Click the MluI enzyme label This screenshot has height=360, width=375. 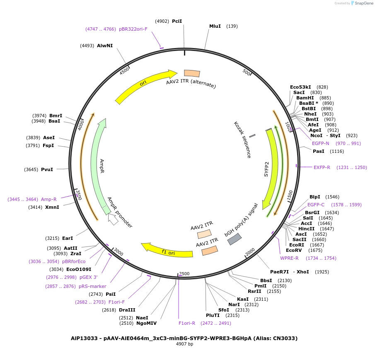coord(215,26)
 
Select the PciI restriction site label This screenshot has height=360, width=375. coord(177,21)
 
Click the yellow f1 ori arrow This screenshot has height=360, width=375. coord(167,250)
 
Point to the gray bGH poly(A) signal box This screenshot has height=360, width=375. coord(235,239)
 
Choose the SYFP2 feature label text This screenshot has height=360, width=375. coord(267,169)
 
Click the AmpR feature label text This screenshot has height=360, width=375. coord(102,166)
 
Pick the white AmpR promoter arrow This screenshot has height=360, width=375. coord(113,218)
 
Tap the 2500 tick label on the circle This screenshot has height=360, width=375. coord(184,274)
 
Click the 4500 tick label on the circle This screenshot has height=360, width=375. coord(124,71)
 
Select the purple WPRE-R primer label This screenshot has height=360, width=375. coord(289,258)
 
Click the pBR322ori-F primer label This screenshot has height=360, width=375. coord(133,29)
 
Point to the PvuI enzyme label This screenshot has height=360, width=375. coord(47,169)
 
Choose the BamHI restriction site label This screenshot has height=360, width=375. coord(305,98)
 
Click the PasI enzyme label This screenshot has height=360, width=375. coord(319,151)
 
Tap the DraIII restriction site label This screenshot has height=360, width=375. coord(127,309)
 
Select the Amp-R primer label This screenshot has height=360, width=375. coord(49,199)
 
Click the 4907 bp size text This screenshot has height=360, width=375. coord(184,344)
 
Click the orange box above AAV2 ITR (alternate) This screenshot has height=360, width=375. coord(192,73)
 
